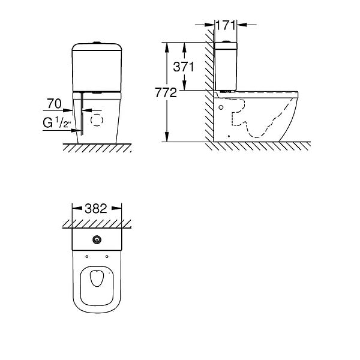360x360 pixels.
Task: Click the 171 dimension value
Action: [226, 25]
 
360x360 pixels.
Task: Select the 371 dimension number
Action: [184, 67]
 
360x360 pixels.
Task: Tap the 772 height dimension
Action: [166, 92]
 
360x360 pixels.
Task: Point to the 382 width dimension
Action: [96, 208]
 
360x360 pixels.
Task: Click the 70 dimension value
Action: [55, 104]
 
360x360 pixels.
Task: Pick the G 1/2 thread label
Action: [56, 122]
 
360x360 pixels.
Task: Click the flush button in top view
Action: [97, 239]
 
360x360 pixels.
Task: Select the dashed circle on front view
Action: [97, 120]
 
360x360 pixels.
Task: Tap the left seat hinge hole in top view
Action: [87, 256]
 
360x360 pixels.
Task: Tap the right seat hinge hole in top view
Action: [107, 256]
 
